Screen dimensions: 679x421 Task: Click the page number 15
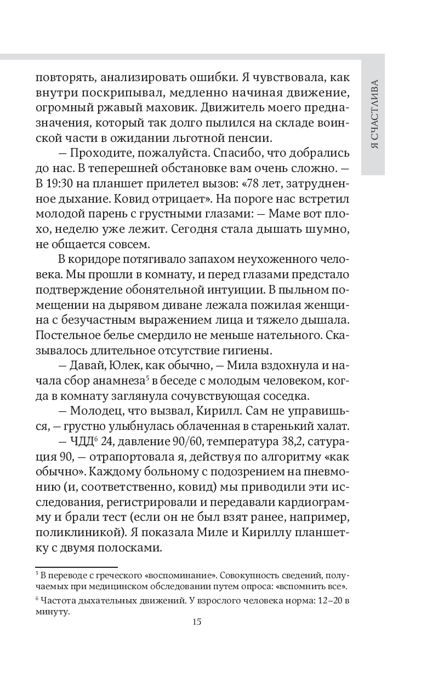point(197,621)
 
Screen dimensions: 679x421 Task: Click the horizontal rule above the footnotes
point(76,568)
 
